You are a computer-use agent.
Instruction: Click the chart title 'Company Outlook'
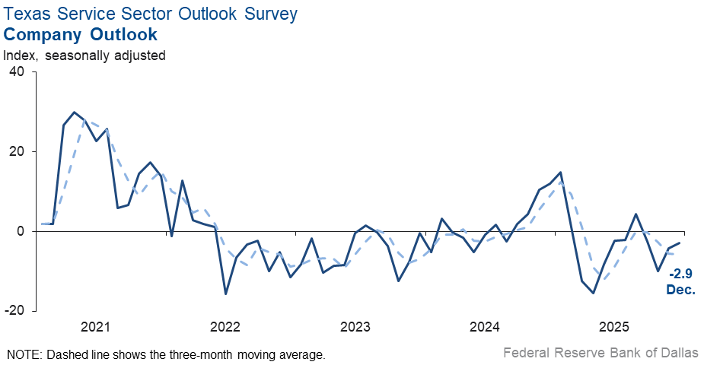pyautogui.click(x=80, y=34)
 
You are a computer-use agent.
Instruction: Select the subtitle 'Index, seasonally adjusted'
pyautogui.click(x=84, y=55)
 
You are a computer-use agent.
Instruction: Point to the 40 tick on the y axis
pyautogui.click(x=16, y=72)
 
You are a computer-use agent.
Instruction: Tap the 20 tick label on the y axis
pyautogui.click(x=16, y=152)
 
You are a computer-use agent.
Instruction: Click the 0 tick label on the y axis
pyautogui.click(x=20, y=231)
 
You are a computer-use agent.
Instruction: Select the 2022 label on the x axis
pyautogui.click(x=225, y=328)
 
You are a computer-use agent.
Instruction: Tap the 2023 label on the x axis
pyautogui.click(x=355, y=328)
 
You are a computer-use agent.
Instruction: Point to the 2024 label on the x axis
pyautogui.click(x=485, y=328)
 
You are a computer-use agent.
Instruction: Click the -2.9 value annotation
pyautogui.click(x=682, y=274)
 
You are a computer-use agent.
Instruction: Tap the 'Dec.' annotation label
pyautogui.click(x=682, y=289)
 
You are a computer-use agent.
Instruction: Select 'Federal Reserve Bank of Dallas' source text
pyautogui.click(x=600, y=353)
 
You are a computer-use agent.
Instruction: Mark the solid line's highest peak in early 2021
pyautogui.click(x=74, y=113)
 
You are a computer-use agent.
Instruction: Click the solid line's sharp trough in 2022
pyautogui.click(x=225, y=294)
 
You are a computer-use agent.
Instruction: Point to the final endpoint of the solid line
pyautogui.click(x=680, y=243)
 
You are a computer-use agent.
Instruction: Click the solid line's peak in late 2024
pyautogui.click(x=561, y=172)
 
